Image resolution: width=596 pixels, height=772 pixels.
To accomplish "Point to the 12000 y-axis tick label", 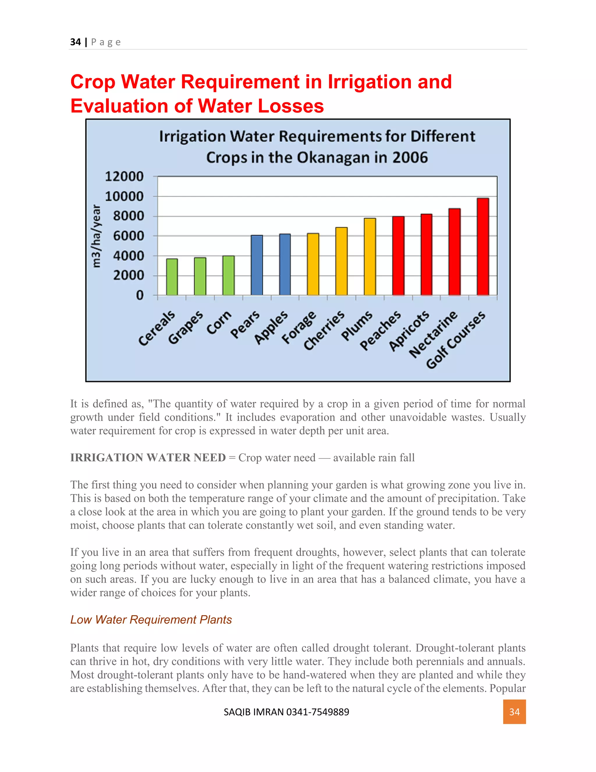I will click(124, 176).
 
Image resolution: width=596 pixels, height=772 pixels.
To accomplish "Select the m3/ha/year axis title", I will click(96, 236).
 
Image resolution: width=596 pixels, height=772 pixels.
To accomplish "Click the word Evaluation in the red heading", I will click(122, 106).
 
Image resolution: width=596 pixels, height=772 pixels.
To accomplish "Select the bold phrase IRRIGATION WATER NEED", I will click(148, 457).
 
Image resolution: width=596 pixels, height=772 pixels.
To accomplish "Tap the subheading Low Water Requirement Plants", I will click(151, 620).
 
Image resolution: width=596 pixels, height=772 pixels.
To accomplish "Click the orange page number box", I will click(514, 712).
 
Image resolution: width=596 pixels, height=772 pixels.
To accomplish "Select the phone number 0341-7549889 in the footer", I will click(317, 712).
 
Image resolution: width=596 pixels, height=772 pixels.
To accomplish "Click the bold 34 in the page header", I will click(75, 42).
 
